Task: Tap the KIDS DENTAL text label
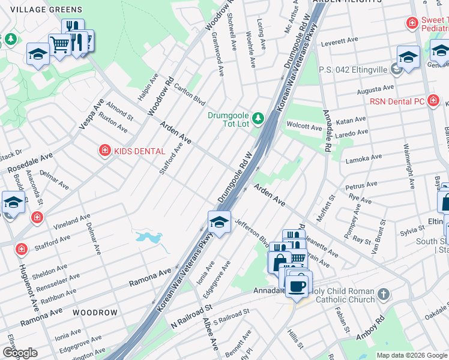click(139, 151)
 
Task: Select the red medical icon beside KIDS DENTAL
click(105, 150)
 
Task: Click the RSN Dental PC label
click(397, 101)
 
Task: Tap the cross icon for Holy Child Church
click(384, 295)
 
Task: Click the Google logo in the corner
click(20, 353)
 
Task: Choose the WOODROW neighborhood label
click(95, 313)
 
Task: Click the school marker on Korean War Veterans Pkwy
click(219, 223)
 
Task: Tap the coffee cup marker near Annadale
click(296, 284)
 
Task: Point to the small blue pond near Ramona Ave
click(149, 238)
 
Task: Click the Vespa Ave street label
click(91, 114)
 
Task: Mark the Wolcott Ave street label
click(304, 127)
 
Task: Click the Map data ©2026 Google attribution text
click(412, 355)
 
